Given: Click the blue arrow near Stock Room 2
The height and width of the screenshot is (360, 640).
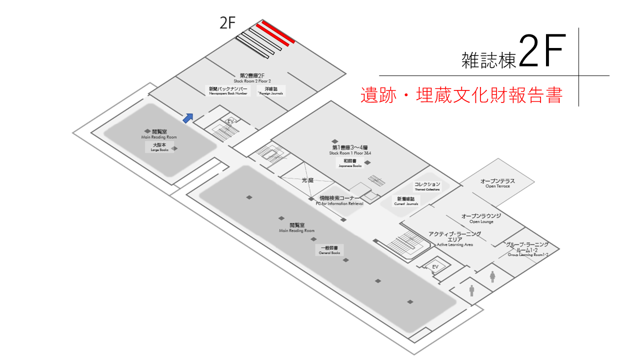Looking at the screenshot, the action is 188,117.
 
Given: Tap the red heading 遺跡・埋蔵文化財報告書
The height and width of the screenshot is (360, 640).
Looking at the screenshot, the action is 461,95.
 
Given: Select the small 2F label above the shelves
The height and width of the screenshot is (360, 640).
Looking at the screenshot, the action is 227,23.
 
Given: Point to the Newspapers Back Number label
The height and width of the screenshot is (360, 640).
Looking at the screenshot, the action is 228,90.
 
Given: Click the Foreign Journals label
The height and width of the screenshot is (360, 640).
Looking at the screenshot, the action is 270,90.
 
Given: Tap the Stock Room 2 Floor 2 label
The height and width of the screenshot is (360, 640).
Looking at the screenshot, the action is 252,78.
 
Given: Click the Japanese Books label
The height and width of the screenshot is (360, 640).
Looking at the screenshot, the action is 350,163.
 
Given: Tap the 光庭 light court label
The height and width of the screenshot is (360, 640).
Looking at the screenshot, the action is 307,180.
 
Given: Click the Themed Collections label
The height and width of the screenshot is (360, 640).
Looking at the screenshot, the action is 427,186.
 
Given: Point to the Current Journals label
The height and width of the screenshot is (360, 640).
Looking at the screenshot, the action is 406,201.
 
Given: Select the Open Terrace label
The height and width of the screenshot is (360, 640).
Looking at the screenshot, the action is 497,183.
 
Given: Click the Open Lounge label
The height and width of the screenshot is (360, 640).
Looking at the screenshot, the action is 481,218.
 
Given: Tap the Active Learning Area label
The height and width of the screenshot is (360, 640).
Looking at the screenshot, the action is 454,239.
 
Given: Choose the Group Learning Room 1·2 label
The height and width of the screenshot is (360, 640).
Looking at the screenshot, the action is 527,248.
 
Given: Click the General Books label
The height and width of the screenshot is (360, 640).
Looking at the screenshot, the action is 329,250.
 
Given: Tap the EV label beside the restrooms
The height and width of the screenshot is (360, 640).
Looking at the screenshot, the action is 435,266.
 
